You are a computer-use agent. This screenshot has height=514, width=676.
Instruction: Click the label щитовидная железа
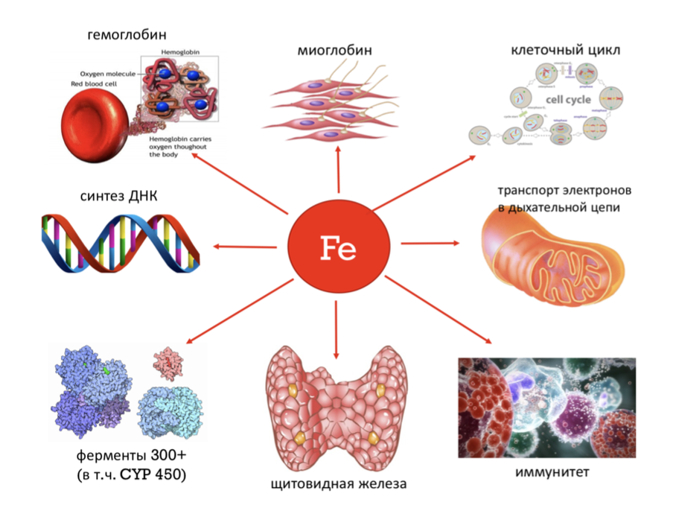click(338, 485)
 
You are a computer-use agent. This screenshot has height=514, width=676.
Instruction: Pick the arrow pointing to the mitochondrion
click(432, 243)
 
